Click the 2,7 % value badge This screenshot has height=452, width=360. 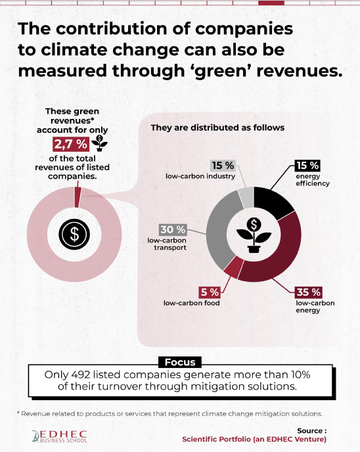pyautogui.click(x=70, y=144)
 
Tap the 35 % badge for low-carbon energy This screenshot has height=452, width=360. pyautogui.click(x=308, y=292)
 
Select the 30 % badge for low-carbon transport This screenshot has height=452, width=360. pyautogui.click(x=173, y=230)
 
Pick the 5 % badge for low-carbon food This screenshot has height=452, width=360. pyautogui.click(x=210, y=292)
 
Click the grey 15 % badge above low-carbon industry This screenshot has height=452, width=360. pyautogui.click(x=223, y=166)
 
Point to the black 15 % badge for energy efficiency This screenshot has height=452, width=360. pyautogui.click(x=307, y=166)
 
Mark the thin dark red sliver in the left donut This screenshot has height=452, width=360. pyautogui.click(x=78, y=197)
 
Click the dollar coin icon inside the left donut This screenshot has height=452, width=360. pyautogui.click(x=74, y=234)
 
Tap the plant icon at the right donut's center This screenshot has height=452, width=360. pyautogui.click(x=254, y=235)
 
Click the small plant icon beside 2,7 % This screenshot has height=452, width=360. pyautogui.click(x=99, y=143)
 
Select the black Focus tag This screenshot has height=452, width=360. pyautogui.click(x=180, y=362)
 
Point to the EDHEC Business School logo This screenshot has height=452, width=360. pyautogui.click(x=60, y=436)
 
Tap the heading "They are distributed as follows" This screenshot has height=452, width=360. pyautogui.click(x=217, y=127)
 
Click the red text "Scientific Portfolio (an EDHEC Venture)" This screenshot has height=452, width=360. pyautogui.click(x=254, y=439)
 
